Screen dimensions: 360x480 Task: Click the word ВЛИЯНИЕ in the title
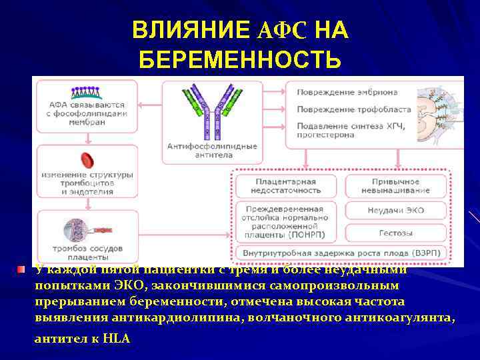click(191, 30)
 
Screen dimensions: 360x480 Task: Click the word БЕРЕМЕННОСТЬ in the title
click(240, 61)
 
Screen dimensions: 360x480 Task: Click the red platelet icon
click(87, 160)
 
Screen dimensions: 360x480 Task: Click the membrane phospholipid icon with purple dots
click(87, 92)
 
